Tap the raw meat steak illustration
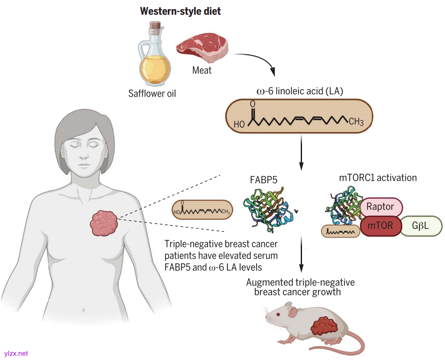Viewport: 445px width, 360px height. pos(203,49)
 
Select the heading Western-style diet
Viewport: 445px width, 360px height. pos(180,11)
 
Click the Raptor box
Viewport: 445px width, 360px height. pos(380,206)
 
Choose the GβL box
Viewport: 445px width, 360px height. pos(420,226)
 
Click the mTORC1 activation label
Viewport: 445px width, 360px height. pos(378,177)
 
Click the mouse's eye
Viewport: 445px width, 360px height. pos(278,314)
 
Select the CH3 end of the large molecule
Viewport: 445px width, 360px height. pos(356,121)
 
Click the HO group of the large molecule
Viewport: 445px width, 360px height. pos(239,124)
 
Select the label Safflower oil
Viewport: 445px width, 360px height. pos(152,93)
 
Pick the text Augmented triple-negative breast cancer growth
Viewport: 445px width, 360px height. pos(300,287)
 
